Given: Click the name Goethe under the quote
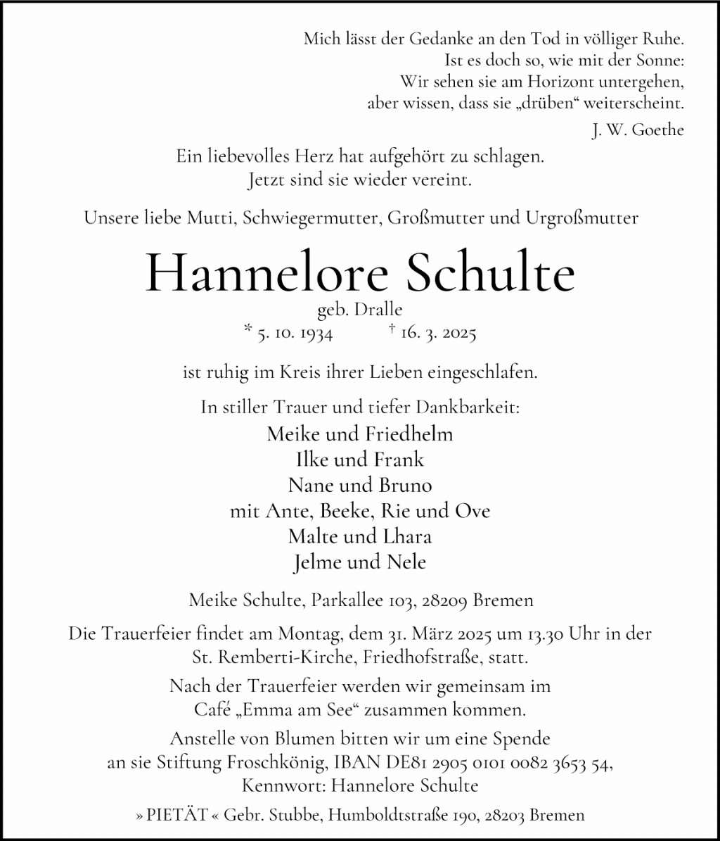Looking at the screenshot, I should [658, 130].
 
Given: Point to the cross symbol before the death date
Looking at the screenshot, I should [390, 329].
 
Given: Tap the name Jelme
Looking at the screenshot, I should [316, 562].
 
